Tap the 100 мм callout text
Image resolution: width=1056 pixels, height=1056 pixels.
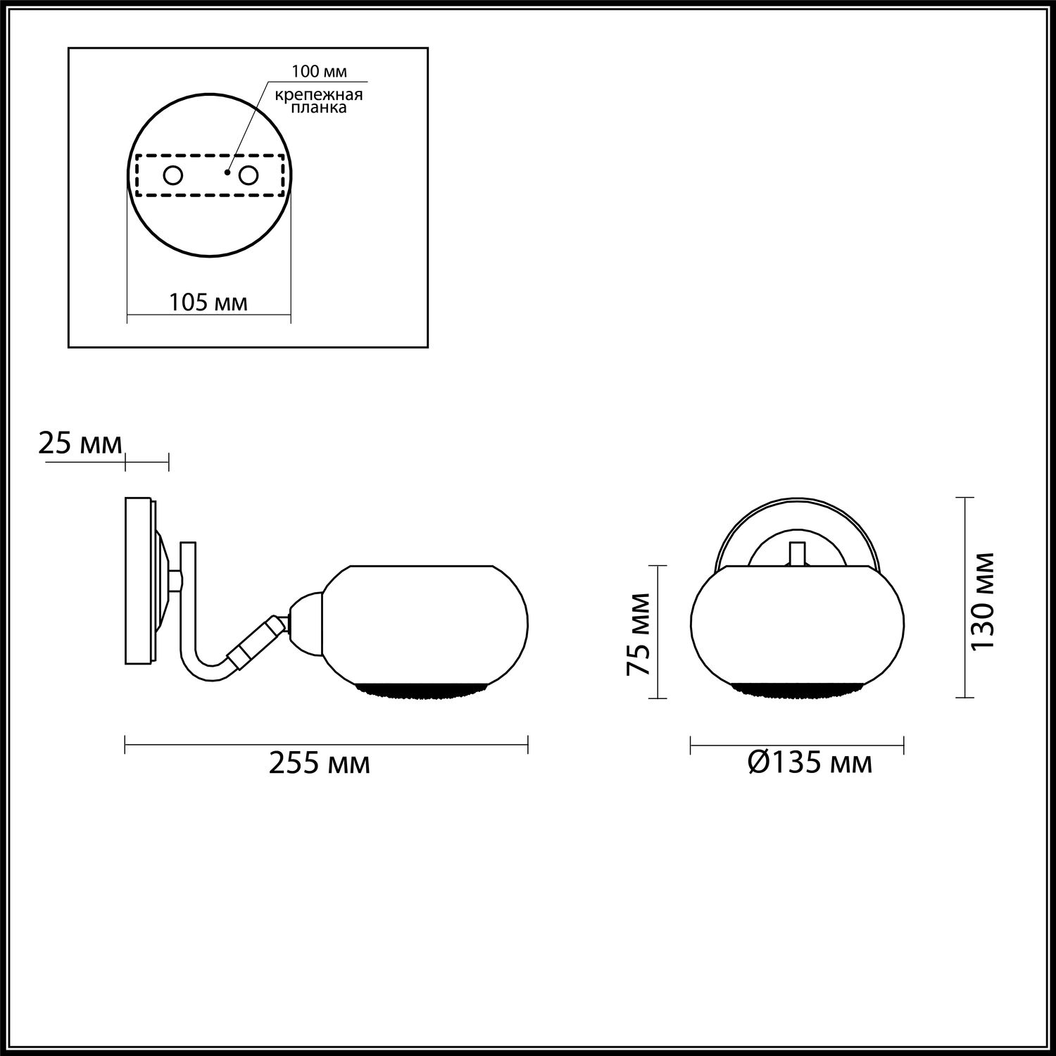[320, 72]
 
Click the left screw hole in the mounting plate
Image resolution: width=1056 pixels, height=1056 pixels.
[172, 175]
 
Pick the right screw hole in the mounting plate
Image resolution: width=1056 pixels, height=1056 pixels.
[249, 175]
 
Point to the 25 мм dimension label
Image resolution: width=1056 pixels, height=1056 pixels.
[80, 444]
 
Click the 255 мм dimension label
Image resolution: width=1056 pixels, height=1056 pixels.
[320, 762]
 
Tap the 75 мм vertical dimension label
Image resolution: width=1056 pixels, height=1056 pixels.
[639, 634]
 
